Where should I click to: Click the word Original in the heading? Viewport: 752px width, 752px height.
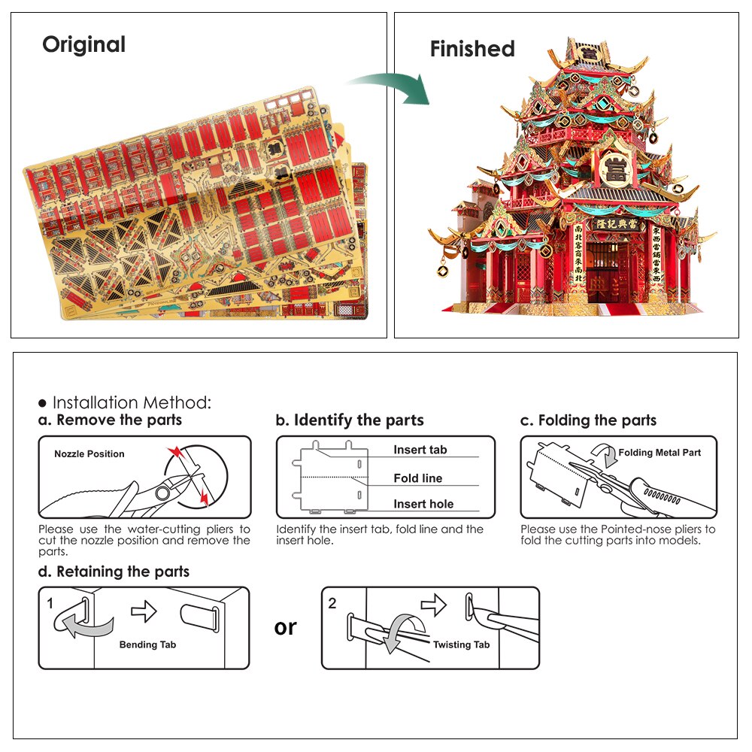click(83, 44)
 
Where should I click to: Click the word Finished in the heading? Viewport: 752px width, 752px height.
click(472, 49)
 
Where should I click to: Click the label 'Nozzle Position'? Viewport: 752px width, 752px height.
click(89, 454)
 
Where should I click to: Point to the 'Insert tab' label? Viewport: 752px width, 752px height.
click(420, 450)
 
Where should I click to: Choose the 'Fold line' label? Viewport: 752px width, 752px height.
click(417, 478)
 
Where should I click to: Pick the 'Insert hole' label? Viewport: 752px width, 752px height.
click(423, 504)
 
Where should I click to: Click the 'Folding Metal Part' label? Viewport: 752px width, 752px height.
click(660, 453)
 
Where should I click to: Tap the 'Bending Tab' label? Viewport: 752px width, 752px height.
click(148, 644)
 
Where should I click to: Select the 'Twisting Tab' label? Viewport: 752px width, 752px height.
click(461, 644)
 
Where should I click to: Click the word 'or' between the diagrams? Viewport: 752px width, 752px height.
click(286, 627)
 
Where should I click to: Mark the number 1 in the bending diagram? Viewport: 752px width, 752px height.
click(50, 603)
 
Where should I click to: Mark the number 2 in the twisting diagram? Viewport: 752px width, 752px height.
click(332, 603)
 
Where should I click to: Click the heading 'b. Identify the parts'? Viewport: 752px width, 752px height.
click(350, 420)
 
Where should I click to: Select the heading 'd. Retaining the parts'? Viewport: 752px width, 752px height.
click(114, 572)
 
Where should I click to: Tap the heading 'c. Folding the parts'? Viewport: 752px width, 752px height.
click(588, 420)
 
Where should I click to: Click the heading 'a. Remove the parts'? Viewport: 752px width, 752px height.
click(110, 420)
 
